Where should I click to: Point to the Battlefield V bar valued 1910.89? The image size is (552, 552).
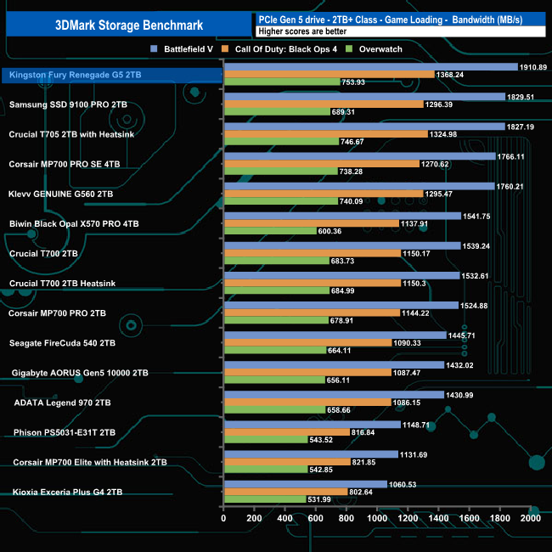pyautogui.click(x=370, y=66)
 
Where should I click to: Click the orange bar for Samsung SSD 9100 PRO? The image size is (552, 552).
pyautogui.click(x=323, y=104)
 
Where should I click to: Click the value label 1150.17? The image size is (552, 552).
pyautogui.click(x=420, y=253)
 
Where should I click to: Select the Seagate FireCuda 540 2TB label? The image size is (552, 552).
pyautogui.click(x=61, y=343)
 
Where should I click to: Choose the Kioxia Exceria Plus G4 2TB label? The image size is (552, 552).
pyautogui.click(x=67, y=492)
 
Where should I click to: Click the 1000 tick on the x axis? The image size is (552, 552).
pyautogui.click(x=377, y=517)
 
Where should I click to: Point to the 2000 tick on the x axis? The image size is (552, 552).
pyautogui.click(x=530, y=517)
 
